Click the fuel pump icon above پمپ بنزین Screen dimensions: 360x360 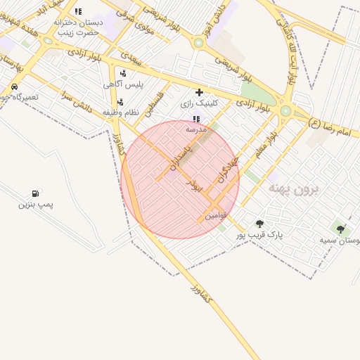point(35,193)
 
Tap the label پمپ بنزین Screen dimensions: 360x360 point(36,205)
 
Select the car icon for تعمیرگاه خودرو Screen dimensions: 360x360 point(14,86)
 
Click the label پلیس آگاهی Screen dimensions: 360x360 point(124,84)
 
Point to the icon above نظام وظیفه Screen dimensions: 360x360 point(121,102)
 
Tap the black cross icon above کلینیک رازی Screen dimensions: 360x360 point(199,92)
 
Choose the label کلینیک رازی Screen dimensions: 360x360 point(199,103)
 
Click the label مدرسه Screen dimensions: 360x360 point(195,130)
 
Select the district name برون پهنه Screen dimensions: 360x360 point(295,189)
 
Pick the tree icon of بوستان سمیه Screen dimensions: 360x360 point(341,229)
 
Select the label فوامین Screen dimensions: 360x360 point(215,216)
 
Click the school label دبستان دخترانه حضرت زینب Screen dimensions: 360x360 point(78,27)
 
